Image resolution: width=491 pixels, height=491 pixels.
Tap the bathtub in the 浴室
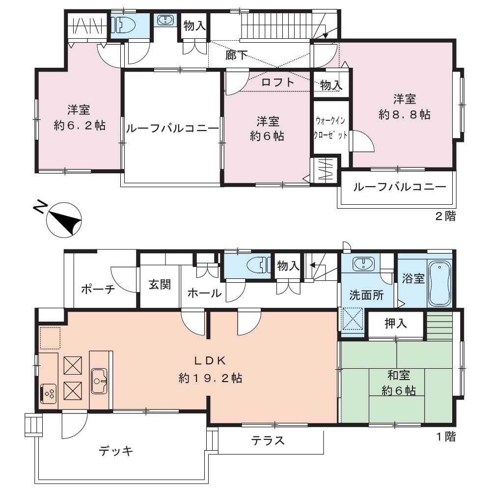coord(439,284)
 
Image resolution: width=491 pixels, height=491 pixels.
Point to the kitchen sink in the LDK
coord(99,381)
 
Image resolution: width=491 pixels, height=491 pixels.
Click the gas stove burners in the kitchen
coord(48,393)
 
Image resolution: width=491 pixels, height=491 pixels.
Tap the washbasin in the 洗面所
coord(363,264)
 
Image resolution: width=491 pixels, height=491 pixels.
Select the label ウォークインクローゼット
coord(330,128)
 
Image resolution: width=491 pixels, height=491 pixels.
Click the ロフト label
coord(277,82)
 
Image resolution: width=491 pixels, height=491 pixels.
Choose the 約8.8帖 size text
coord(404,114)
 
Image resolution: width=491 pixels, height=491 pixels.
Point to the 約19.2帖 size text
coord(210,378)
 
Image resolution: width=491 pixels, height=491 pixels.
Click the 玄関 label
coord(160,284)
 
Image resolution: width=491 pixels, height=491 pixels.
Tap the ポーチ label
coord(98,289)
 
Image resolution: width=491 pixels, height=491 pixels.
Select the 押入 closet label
coord(395,324)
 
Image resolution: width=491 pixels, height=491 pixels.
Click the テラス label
coord(268,440)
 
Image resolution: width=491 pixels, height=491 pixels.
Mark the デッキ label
coord(116,451)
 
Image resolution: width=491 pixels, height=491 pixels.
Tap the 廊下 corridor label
coord(237,55)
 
